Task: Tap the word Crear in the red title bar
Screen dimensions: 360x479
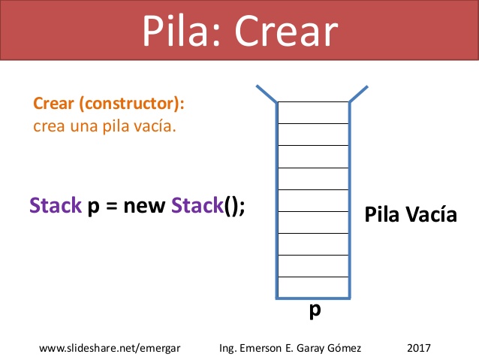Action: pyautogui.click(x=285, y=31)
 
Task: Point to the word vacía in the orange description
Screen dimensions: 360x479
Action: pyautogui.click(x=155, y=125)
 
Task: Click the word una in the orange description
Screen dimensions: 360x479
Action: pyautogui.click(x=89, y=125)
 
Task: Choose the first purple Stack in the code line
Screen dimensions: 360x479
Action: pyautogui.click(x=55, y=206)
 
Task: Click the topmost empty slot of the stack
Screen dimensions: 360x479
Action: pyautogui.click(x=314, y=113)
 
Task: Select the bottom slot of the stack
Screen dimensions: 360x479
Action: pyautogui.click(x=314, y=288)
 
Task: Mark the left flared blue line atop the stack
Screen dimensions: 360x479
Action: pyautogui.click(x=267, y=94)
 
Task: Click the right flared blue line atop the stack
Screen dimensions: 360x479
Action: pyautogui.click(x=359, y=94)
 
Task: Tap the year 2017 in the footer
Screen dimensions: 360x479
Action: pyautogui.click(x=420, y=349)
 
